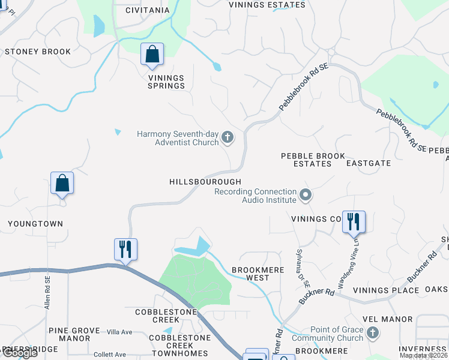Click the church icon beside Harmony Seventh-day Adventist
tap(227, 138)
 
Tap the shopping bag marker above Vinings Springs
tap(152, 54)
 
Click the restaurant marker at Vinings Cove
tap(353, 221)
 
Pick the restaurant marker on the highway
tap(125, 249)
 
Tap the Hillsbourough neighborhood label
tap(205, 182)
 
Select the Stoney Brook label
tap(38, 52)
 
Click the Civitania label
tap(148, 10)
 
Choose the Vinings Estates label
tap(268, 5)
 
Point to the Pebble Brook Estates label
tap(313, 160)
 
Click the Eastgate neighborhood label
tap(369, 163)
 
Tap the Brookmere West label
tap(258, 274)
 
